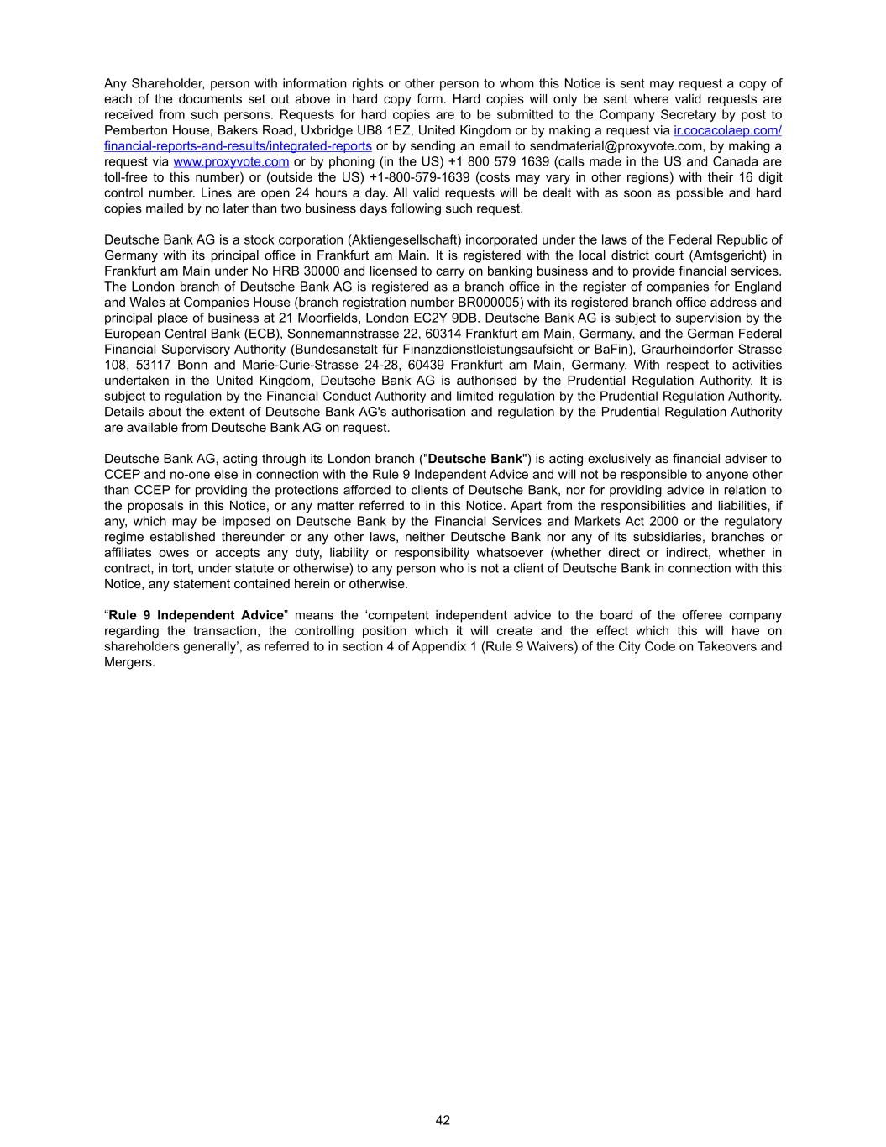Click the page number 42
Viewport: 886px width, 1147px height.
coord(443,1120)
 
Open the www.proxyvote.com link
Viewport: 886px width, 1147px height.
coord(231,161)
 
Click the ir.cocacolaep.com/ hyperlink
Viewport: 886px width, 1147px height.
coord(727,130)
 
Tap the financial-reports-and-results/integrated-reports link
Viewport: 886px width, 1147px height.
coord(238,146)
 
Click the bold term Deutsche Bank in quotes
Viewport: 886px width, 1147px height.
coord(475,459)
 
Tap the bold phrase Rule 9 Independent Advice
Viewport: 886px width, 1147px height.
coord(197,615)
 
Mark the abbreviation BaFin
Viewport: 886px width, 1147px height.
coord(610,350)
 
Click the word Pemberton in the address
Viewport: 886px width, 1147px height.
coord(134,130)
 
